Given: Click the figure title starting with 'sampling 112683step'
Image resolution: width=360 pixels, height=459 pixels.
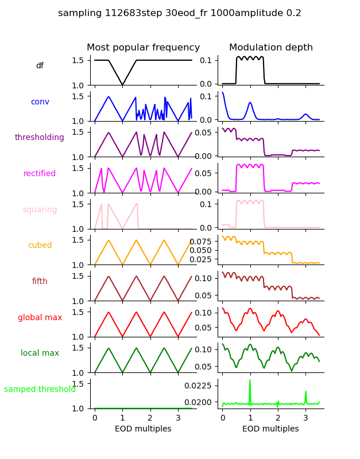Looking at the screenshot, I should pyautogui.click(x=180, y=13).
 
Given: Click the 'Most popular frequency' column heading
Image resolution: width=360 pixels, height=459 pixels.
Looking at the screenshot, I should pyautogui.click(x=143, y=48).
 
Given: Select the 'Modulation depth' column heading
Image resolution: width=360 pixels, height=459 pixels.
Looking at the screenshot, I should pyautogui.click(x=271, y=48).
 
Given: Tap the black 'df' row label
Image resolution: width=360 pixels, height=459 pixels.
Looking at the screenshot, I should pyautogui.click(x=40, y=66).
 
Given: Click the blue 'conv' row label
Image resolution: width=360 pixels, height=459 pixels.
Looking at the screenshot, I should pyautogui.click(x=40, y=102).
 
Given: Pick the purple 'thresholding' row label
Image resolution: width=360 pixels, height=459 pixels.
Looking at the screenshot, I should pyautogui.click(x=40, y=138).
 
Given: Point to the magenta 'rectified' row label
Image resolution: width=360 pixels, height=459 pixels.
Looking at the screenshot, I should pyautogui.click(x=40, y=174).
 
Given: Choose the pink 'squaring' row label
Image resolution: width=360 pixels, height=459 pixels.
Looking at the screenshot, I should pyautogui.click(x=40, y=210).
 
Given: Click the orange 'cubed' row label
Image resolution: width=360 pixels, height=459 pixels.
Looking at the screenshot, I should pyautogui.click(x=40, y=246).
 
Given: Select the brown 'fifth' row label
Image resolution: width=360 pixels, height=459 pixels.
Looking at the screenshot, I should pyautogui.click(x=40, y=282).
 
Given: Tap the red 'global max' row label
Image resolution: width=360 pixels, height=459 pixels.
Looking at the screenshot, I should pyautogui.click(x=40, y=318).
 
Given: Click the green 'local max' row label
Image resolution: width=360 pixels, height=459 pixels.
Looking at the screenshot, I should pyautogui.click(x=40, y=353).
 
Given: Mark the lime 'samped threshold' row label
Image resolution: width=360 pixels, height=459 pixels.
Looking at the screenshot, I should pyautogui.click(x=40, y=390).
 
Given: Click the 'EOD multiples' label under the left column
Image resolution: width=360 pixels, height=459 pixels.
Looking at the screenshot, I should pyautogui.click(x=143, y=429).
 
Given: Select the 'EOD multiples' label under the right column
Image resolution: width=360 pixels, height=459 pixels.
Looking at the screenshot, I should pyautogui.click(x=270, y=429).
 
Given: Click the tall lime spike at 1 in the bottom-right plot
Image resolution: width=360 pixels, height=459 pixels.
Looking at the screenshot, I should pyautogui.click(x=250, y=381).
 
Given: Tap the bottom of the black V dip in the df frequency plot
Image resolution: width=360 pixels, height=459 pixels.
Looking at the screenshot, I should pyautogui.click(x=122, y=85).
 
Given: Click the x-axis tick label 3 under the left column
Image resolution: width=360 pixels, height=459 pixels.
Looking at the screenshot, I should pyautogui.click(x=178, y=418).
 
